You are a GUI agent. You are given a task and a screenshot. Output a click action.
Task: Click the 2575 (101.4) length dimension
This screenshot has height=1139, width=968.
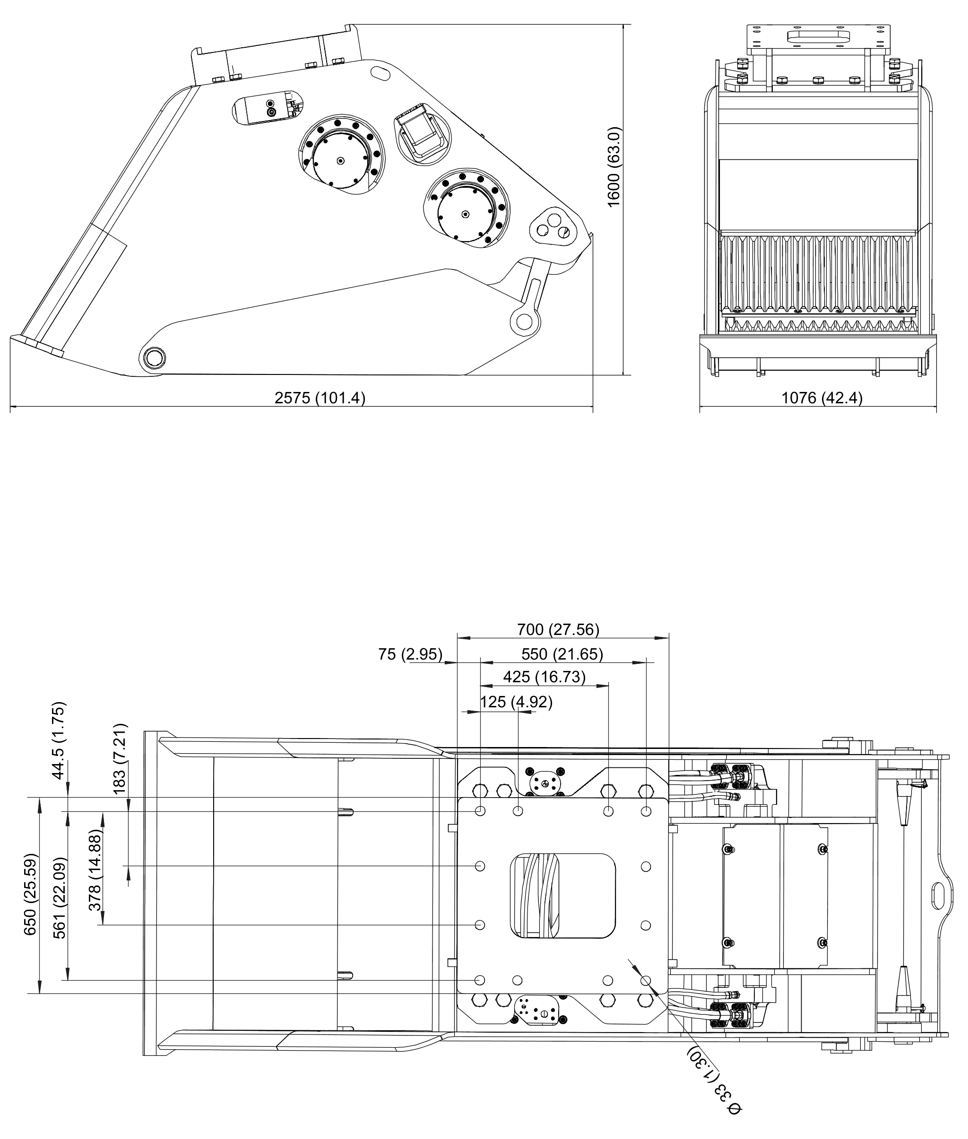320,398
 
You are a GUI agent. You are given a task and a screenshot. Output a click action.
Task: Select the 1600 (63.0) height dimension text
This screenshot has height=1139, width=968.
614,167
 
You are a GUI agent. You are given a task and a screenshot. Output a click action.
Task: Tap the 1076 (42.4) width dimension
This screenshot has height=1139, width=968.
821,398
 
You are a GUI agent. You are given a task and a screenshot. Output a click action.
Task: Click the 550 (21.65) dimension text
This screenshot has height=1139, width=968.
562,654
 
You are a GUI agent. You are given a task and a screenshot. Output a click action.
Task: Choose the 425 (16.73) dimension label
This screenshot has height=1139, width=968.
544,677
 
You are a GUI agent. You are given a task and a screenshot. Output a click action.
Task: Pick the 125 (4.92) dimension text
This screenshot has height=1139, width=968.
516,702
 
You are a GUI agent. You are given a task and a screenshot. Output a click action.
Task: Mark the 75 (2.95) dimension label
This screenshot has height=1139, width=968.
410,654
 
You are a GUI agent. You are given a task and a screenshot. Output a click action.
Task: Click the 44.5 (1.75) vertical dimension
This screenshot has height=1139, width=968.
58,740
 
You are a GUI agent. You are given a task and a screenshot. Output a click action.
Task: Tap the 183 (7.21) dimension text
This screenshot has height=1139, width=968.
119,758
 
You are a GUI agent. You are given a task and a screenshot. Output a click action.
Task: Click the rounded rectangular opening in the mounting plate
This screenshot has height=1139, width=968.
562,896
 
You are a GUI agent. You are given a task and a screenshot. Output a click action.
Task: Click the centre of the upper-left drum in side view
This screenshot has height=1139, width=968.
341,160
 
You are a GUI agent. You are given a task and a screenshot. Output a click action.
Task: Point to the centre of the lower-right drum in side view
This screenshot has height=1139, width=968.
466,214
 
